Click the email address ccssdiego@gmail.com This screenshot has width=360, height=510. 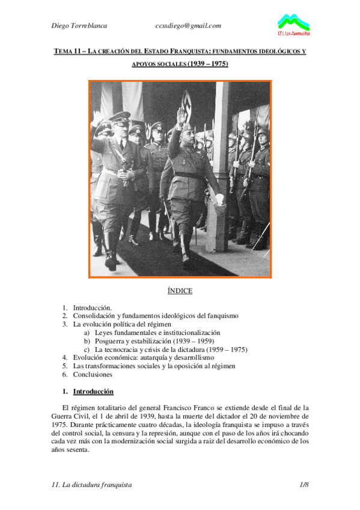(x=188, y=25)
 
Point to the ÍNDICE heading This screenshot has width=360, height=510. (x=180, y=291)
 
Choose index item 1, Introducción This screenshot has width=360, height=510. (x=92, y=307)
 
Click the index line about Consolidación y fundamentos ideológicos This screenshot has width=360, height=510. (x=156, y=315)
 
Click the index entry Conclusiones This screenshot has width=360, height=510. (x=93, y=374)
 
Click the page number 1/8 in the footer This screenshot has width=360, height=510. (x=304, y=484)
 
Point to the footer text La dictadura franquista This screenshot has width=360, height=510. (x=98, y=484)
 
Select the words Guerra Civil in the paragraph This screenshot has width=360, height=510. (x=72, y=416)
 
